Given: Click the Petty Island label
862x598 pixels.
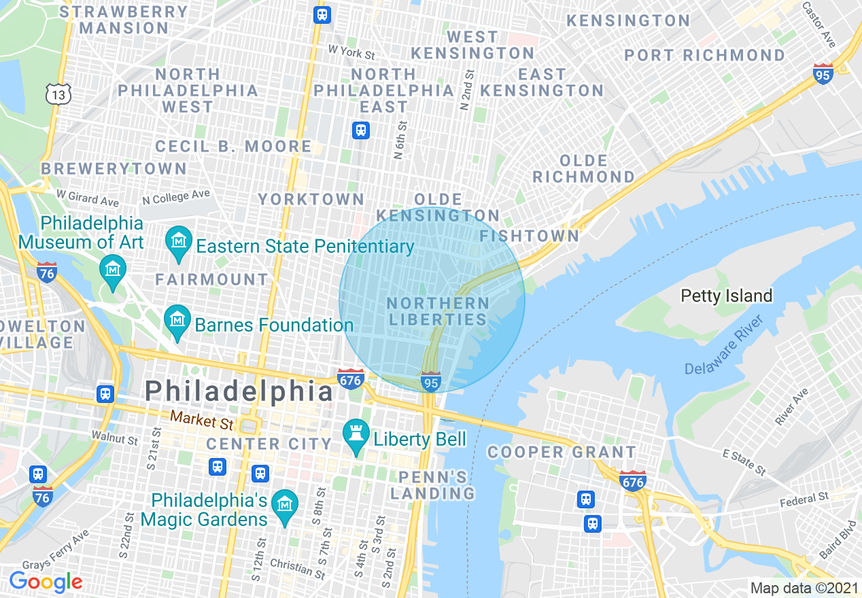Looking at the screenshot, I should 727,296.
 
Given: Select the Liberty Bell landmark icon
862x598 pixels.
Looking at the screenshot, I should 355,438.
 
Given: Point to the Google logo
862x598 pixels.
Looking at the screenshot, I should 46,582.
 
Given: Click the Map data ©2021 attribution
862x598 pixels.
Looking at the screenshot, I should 803,587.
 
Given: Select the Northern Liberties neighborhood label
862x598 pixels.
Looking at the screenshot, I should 437,311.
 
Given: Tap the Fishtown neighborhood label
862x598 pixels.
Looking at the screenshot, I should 530,236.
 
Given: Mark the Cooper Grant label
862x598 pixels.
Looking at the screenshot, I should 562,452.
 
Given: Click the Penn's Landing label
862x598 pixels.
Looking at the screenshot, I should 432,485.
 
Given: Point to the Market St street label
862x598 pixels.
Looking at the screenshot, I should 202,421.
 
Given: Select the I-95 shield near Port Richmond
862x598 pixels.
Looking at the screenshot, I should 823,73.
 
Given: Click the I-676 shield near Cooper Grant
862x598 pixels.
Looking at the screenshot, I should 632,480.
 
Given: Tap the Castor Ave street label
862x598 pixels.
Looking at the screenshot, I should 818,25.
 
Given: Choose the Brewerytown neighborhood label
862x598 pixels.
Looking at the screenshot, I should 114,169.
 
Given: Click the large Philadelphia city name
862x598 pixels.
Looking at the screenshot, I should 239,391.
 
